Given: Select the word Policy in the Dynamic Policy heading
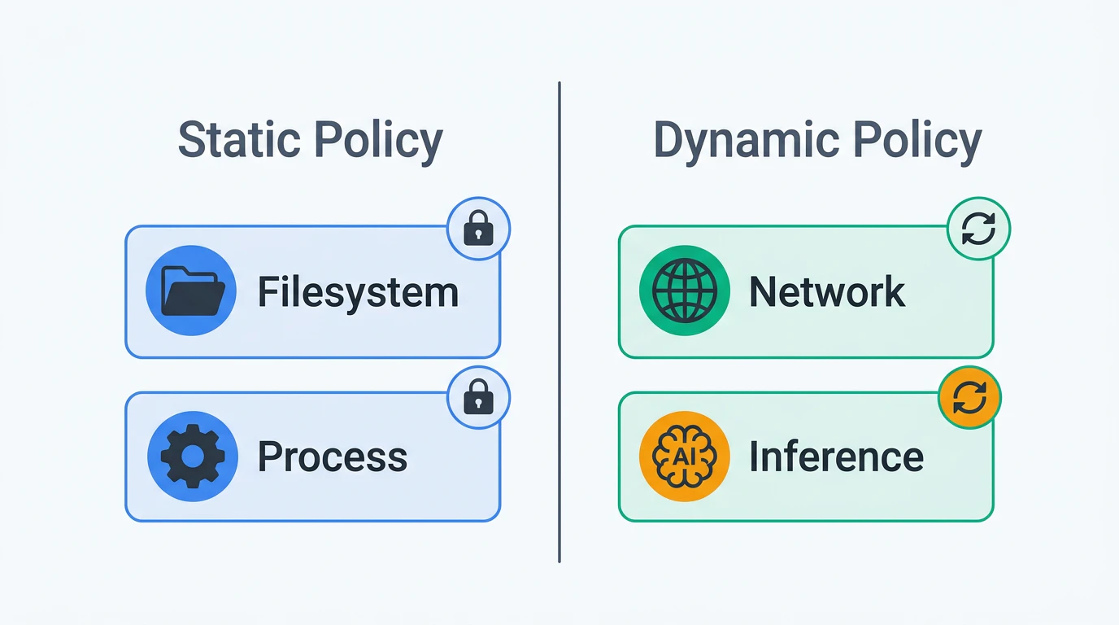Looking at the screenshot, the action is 917,142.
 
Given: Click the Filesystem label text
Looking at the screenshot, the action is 358,292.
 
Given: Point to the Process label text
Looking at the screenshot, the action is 332,457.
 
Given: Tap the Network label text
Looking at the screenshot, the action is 827,291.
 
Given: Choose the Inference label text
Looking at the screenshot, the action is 836,456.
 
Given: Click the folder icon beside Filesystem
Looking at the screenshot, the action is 191,291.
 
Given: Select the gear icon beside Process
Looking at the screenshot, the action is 192,457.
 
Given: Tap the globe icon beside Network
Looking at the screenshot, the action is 685,291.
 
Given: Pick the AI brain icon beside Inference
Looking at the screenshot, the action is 685,457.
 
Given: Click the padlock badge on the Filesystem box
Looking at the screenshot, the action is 478,229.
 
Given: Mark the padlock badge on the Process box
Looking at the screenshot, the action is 478,397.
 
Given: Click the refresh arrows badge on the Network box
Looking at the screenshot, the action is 978,229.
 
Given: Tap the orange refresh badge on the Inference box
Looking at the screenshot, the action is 969,397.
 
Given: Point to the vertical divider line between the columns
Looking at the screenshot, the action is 559,322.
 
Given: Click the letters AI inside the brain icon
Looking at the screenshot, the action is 685,457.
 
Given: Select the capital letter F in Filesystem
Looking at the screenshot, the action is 268,291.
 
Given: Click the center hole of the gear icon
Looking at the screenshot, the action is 193,456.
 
